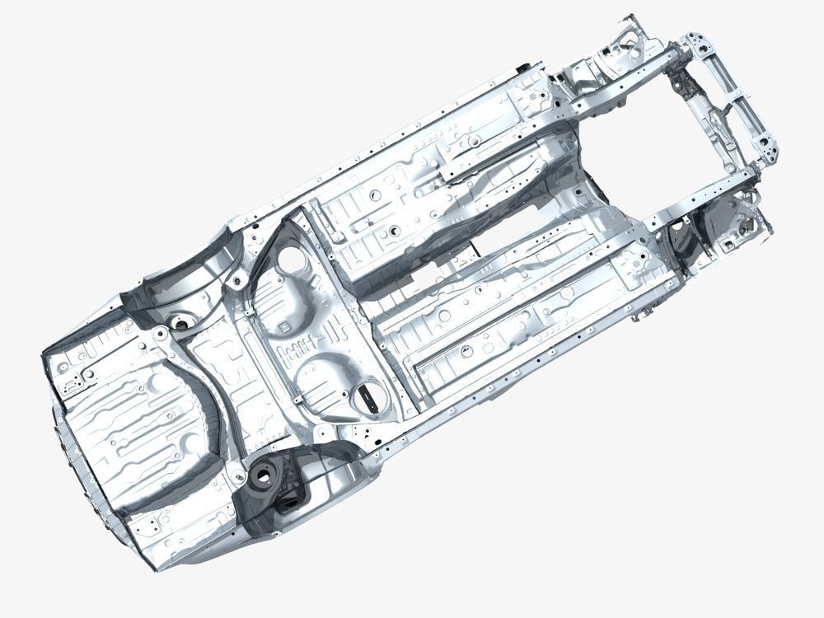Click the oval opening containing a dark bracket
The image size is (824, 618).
pyautogui.click(x=368, y=397)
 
